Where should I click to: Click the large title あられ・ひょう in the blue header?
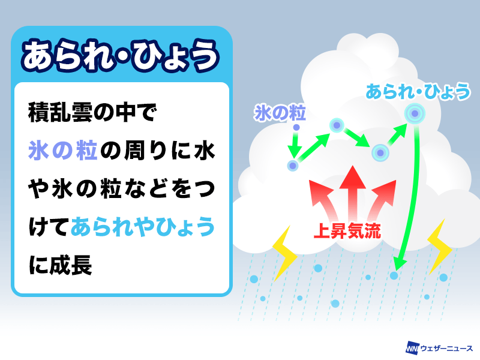120,56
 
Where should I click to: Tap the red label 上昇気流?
347,231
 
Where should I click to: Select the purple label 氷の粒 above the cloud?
280,113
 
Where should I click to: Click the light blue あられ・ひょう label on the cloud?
418,91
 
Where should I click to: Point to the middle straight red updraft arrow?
353,193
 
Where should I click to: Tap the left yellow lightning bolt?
284,253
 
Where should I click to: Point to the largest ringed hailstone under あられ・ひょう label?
415,113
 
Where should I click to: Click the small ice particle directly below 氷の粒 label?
296,127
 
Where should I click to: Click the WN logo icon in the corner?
412,349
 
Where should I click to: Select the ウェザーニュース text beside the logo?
446,349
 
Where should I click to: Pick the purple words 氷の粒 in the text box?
63,151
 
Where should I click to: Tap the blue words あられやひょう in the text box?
143,227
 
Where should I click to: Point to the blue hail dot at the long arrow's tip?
394,275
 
